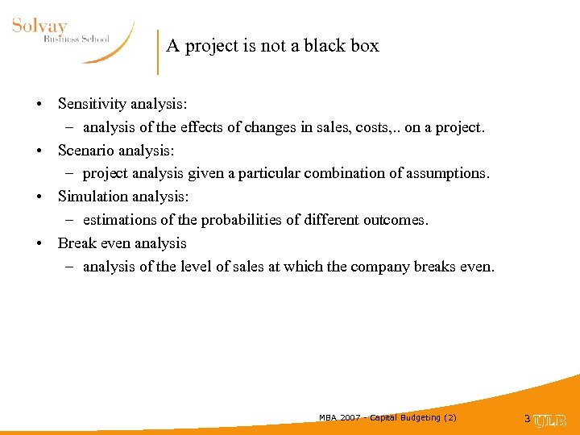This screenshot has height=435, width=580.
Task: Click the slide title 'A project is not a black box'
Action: click(272, 46)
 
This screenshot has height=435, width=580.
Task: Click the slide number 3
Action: click(527, 419)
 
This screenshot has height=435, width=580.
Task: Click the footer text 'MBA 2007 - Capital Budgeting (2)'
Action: click(387, 417)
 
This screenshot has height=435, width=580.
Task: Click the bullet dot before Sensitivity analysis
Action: click(39, 105)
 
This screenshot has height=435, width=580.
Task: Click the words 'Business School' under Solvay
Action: click(77, 39)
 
